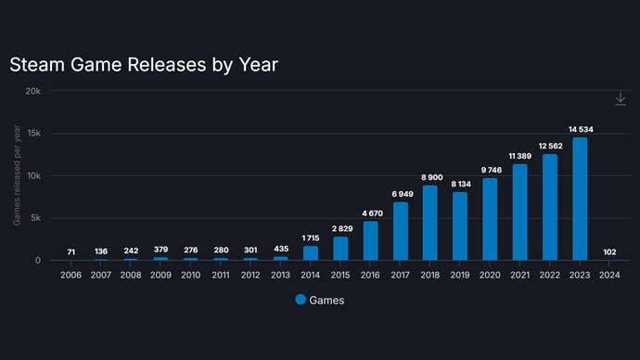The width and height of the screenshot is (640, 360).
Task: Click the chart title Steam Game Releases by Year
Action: pos(144,65)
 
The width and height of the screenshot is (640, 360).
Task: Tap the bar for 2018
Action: pos(430,223)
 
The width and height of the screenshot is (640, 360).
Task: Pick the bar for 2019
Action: pos(460,225)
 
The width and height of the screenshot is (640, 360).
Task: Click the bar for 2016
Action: pos(370,240)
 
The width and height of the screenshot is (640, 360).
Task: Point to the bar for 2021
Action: pos(520,212)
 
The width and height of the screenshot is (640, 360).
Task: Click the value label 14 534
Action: pos(580,129)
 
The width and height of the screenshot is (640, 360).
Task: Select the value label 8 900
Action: pos(430,177)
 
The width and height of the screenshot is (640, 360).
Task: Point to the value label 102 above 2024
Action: pos(609,251)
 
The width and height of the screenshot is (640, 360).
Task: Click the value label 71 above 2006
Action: pos(71,252)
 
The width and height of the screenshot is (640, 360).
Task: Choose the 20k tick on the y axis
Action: pos(32,91)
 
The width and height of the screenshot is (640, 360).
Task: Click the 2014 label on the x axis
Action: pos(311,275)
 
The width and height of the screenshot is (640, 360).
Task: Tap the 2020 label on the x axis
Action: pos(490,275)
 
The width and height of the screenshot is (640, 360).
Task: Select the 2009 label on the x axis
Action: pos(160,275)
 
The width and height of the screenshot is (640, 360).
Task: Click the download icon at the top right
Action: pos(621,99)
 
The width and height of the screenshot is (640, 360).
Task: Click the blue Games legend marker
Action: pos(301,300)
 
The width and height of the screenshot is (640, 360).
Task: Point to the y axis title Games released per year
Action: pos(18,175)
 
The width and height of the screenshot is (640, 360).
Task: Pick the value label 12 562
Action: pos(550,146)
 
